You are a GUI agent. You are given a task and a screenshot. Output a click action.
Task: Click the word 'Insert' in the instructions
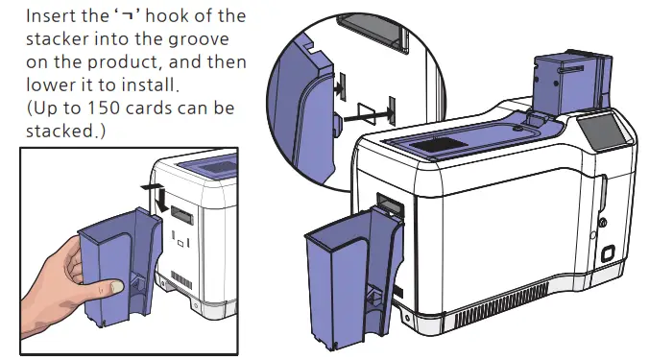coord(54,17)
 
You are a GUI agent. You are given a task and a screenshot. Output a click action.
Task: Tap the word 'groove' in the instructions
coord(209,39)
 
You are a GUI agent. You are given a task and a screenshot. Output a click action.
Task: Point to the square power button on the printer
coord(606,255)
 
